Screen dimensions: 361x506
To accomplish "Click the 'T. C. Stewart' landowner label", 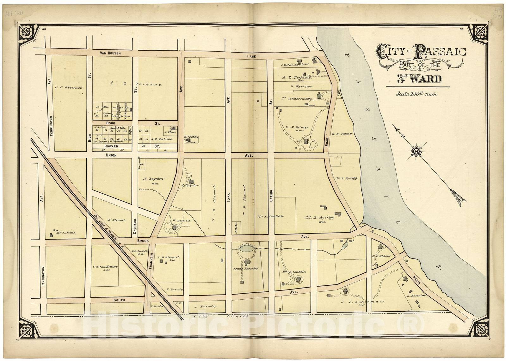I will [68, 88].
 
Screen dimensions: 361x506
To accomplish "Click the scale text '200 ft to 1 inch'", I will [416, 94].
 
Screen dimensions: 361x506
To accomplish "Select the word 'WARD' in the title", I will [427, 79].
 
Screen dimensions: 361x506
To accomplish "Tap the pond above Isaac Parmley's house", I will [246, 249].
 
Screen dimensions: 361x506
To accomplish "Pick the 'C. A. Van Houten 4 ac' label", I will [105, 267].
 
